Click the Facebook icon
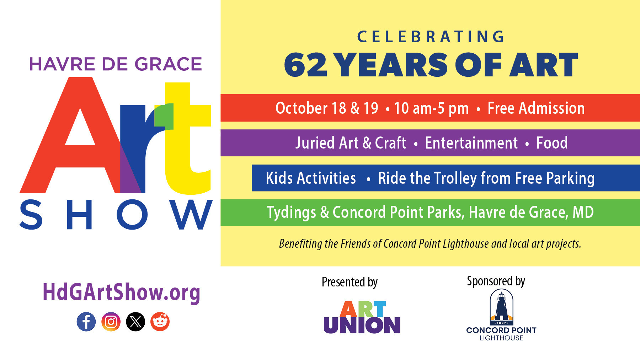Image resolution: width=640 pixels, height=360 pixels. [x=86, y=322]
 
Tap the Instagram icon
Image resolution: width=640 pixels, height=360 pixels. [x=111, y=322]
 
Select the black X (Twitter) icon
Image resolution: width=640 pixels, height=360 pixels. [x=135, y=322]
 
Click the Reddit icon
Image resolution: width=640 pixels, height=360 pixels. [x=160, y=322]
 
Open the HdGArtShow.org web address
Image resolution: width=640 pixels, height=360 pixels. [x=121, y=292]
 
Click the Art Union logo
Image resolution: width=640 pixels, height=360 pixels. [x=362, y=317]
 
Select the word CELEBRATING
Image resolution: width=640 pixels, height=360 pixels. [x=431, y=37]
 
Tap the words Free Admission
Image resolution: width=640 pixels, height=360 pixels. [x=536, y=108]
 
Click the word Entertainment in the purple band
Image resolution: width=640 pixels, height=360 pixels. [x=471, y=143]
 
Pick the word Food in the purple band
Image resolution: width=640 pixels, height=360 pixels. [x=552, y=143]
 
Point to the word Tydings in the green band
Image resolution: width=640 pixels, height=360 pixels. [x=291, y=213]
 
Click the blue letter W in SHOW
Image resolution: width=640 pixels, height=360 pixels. [x=192, y=215]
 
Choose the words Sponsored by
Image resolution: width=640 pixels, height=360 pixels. [x=496, y=281]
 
